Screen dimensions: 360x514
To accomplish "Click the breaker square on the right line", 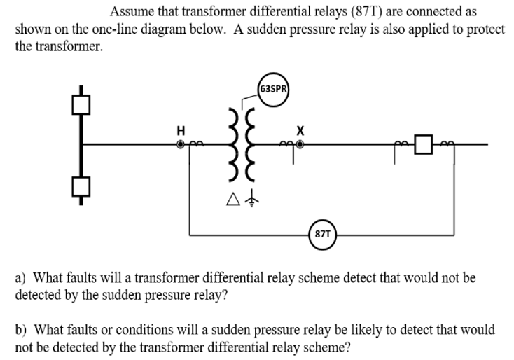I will [x=423, y=144].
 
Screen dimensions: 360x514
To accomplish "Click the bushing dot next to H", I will [x=181, y=144].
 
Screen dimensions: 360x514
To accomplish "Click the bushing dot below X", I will [x=300, y=144].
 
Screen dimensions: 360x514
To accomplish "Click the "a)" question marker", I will [x=22, y=278].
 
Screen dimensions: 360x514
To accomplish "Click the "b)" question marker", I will [x=22, y=329].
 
